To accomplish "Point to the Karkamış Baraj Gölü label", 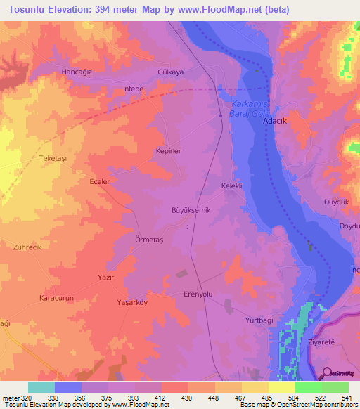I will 251,108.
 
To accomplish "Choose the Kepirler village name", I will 168,151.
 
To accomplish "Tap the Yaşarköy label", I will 131,302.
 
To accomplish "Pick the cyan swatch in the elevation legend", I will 41,387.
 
